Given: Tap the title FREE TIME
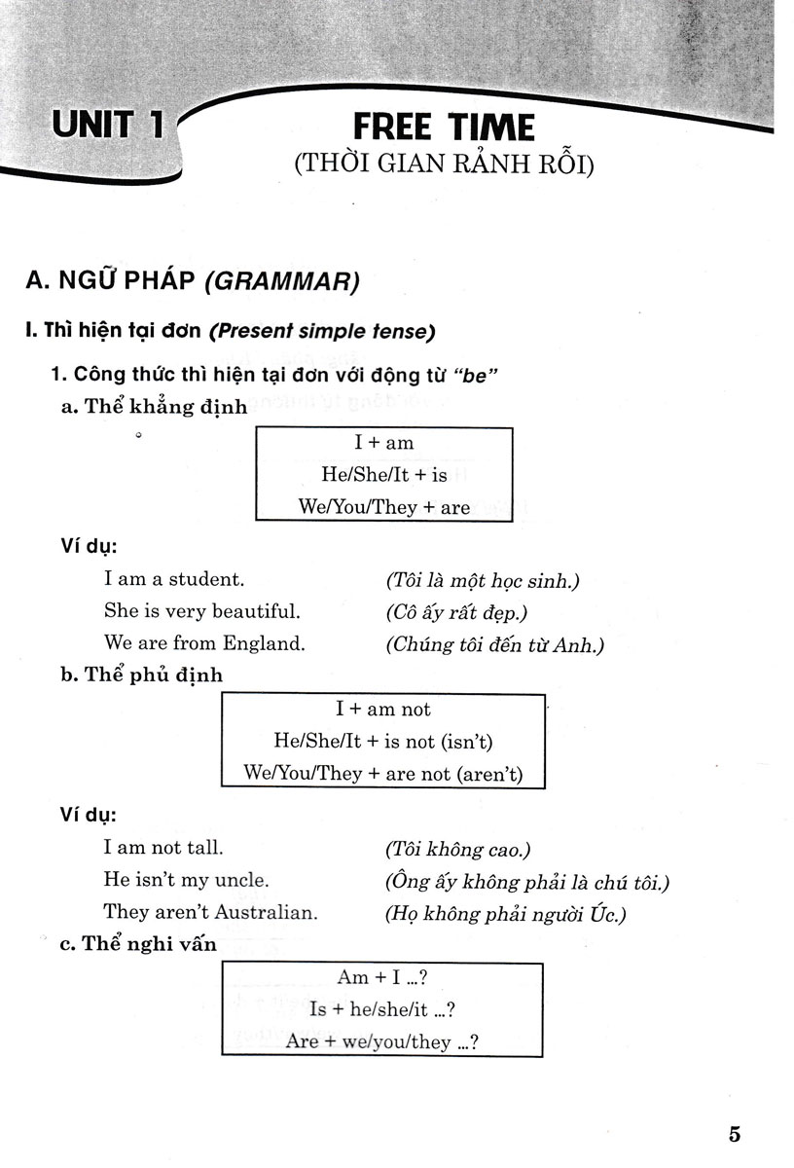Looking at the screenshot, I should pos(443,128).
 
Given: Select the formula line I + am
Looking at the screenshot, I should pos(384,443).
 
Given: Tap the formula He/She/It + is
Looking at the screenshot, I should pos(384,475).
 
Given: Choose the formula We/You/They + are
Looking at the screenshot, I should pos(384,507).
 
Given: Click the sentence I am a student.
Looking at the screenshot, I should pos(174,579).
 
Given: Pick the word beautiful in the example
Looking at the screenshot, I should pos(255,611).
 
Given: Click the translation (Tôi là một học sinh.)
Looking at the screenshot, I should pos(482,581).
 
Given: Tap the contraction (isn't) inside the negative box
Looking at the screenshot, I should pos(466,742).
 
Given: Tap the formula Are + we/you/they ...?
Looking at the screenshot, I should pos(381,1041).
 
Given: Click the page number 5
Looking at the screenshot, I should pos(734,1134).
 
